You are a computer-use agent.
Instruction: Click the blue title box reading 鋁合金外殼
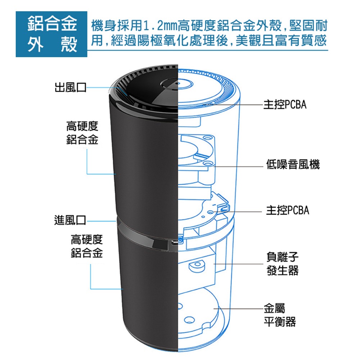pyautogui.click(x=51, y=34)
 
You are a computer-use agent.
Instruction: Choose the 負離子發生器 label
pyautogui.click(x=283, y=264)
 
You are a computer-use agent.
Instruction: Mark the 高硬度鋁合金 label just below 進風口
pyautogui.click(x=87, y=246)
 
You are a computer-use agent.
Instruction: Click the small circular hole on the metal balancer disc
pyautogui.click(x=188, y=319)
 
